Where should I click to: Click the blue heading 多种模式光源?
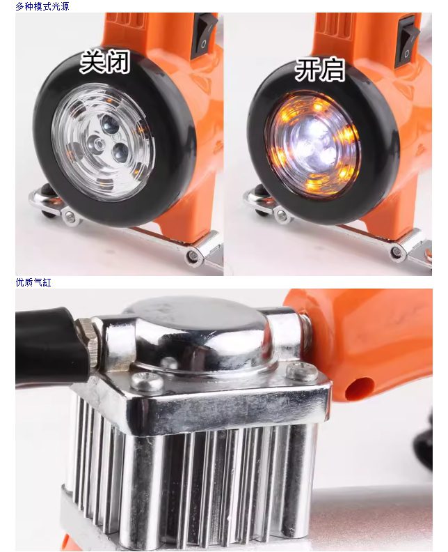[42, 6]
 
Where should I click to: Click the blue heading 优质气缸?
[33, 282]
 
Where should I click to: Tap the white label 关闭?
[105, 61]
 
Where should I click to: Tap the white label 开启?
[320, 70]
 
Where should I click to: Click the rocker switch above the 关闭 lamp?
[203, 36]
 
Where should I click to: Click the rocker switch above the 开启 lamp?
[407, 42]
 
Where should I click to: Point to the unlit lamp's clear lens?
[103, 143]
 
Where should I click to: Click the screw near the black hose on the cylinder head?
[147, 382]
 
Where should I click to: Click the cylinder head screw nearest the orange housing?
[301, 371]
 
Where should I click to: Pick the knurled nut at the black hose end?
[88, 342]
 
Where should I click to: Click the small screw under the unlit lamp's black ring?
[70, 217]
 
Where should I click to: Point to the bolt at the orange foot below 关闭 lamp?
[193, 254]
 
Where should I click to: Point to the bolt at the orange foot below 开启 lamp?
[397, 252]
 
